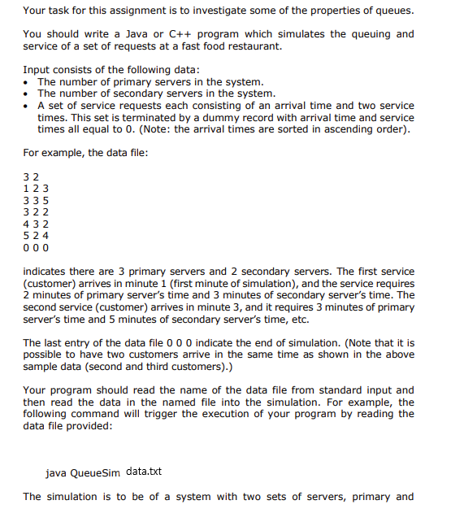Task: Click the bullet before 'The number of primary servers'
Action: pos(28,82)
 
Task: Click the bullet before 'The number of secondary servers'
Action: pos(28,94)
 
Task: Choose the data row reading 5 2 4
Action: pos(37,235)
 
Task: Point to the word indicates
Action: pos(47,272)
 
